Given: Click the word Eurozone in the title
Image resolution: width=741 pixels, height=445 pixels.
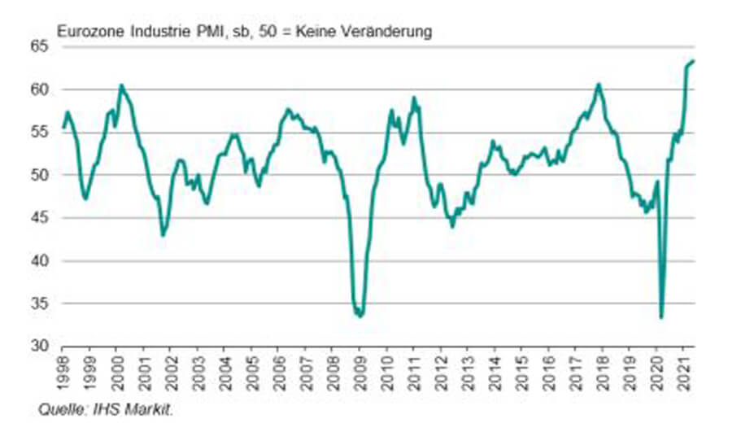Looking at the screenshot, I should (x=85, y=32).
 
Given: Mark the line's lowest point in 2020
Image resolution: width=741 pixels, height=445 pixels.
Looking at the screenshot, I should (x=661, y=317).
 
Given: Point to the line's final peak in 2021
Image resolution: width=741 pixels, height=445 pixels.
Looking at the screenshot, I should (x=692, y=61).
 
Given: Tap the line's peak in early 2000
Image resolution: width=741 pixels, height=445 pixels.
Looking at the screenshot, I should (x=121, y=85).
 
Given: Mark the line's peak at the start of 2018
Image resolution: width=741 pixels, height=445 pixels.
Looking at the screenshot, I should (x=599, y=84).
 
